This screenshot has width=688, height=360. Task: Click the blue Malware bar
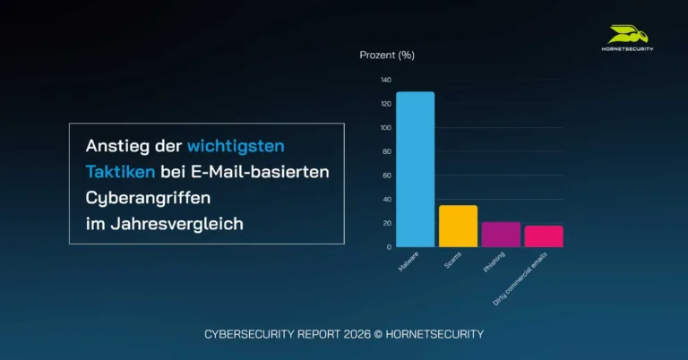tap(415, 169)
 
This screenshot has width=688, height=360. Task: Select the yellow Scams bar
tap(458, 226)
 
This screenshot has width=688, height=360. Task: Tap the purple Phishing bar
tap(501, 234)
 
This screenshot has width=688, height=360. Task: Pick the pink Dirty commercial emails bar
tap(544, 236)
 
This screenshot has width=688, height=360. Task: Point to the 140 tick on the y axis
tap(385, 80)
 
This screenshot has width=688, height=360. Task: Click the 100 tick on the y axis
tap(385, 127)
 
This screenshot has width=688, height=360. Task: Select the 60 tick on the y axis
tap(387, 176)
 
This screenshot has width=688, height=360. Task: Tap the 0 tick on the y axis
tap(389, 246)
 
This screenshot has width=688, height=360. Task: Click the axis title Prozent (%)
tap(387, 55)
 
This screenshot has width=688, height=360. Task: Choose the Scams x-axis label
tap(453, 260)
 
